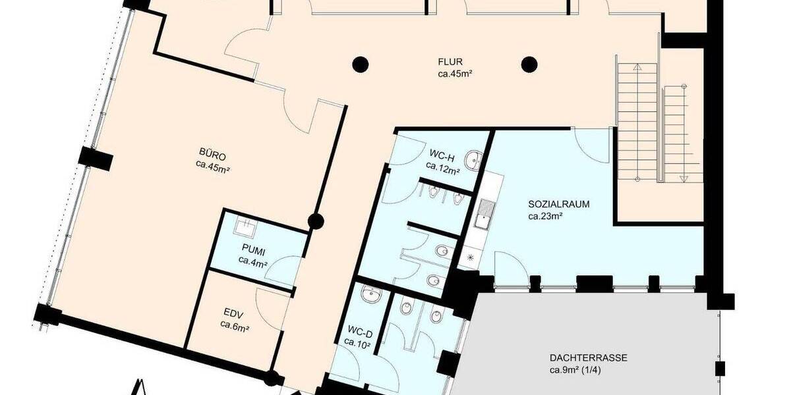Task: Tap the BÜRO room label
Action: tap(212, 156)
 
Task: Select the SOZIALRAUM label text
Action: tap(559, 204)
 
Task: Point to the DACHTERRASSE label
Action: tap(589, 358)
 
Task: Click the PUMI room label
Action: tap(253, 250)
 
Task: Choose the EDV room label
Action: tap(234, 313)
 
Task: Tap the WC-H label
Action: tap(442, 155)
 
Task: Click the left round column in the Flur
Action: tap(359, 64)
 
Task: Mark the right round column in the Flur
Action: tap(528, 64)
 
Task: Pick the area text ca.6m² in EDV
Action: tap(234, 324)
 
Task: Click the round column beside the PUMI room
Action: tap(316, 221)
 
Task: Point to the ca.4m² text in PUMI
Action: tap(253, 261)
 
